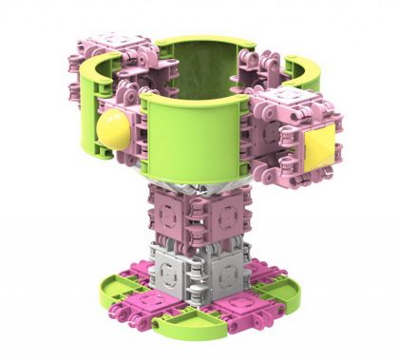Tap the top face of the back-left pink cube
tap(120, 42)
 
